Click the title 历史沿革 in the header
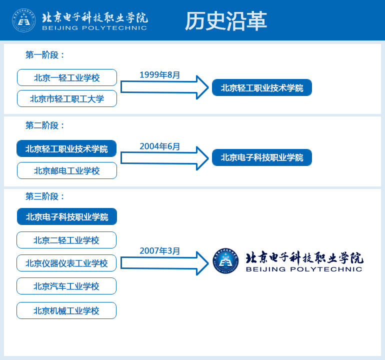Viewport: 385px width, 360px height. [226, 21]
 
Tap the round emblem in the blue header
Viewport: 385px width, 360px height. [24, 20]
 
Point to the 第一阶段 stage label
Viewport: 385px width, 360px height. [44, 55]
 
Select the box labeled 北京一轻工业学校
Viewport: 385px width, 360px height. [67, 77]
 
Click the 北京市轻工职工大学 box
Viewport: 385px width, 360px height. [67, 98]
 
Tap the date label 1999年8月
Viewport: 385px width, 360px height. [160, 74]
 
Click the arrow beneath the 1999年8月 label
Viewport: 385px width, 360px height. [164, 87]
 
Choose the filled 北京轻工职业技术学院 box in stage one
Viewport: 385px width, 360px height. [262, 87]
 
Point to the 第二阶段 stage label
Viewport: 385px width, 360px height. [44, 125]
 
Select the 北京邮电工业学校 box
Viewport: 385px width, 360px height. [67, 170]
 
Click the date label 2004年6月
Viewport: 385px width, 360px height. [160, 146]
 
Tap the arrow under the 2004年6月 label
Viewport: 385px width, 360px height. [164, 158]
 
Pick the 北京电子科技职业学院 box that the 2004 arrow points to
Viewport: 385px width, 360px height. [262, 157]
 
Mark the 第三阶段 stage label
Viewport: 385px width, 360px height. [44, 196]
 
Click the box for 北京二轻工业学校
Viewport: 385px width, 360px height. [66, 240]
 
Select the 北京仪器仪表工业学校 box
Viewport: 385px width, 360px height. [66, 263]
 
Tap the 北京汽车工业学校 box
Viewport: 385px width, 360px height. [66, 286]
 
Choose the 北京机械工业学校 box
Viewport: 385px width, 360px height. [66, 310]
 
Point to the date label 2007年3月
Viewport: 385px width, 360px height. [160, 250]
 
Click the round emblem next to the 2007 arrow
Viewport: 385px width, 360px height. [225, 261]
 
